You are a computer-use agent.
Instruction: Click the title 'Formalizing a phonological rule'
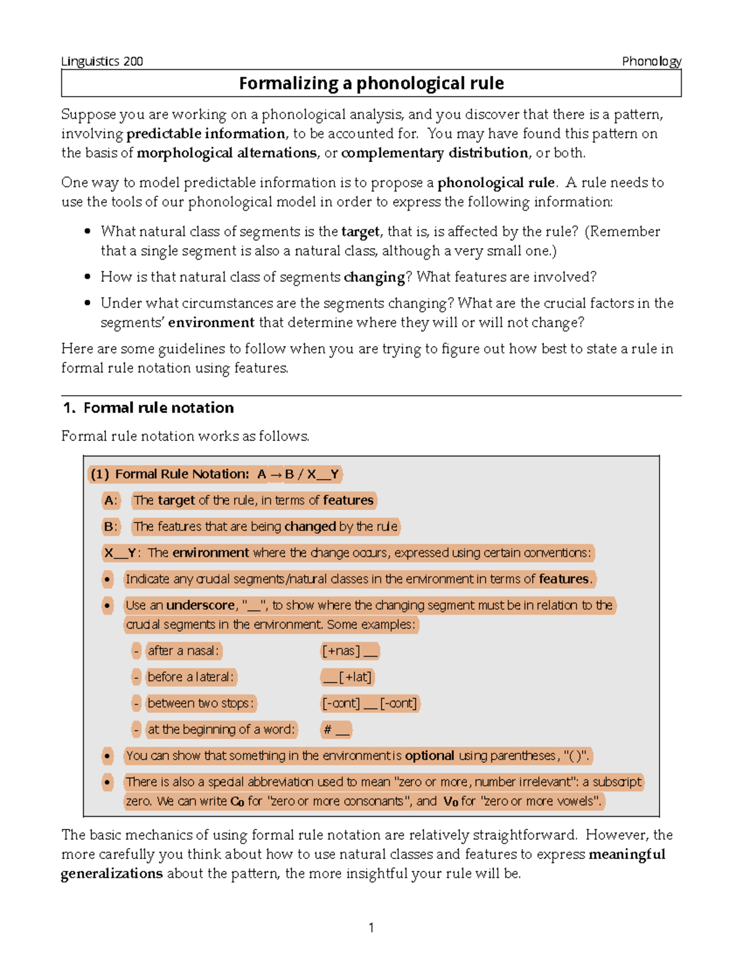pyautogui.click(x=371, y=84)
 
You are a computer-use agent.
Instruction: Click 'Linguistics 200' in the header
pyautogui.click(x=102, y=61)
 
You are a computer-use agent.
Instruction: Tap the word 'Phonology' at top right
pyautogui.click(x=651, y=61)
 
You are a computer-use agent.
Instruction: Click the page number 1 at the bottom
pyautogui.click(x=371, y=927)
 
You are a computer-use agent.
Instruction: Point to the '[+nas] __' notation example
pyautogui.click(x=350, y=651)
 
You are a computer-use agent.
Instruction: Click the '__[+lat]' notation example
pyautogui.click(x=347, y=677)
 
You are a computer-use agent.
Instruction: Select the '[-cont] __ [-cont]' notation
pyautogui.click(x=370, y=704)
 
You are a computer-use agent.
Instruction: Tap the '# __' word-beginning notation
pyautogui.click(x=336, y=730)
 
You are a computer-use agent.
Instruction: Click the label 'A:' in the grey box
pyautogui.click(x=110, y=501)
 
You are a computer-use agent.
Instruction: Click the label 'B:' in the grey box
pyautogui.click(x=110, y=527)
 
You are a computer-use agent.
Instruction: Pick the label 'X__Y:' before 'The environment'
pyautogui.click(x=122, y=553)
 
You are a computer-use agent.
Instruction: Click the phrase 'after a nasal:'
pyautogui.click(x=183, y=651)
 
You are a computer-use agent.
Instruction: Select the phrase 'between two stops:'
pyautogui.click(x=200, y=704)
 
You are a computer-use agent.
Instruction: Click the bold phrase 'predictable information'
pyautogui.click(x=206, y=134)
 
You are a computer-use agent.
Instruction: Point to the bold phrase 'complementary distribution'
pyautogui.click(x=434, y=153)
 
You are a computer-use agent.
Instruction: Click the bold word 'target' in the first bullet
pyautogui.click(x=360, y=232)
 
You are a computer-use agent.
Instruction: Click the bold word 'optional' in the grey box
pyautogui.click(x=429, y=756)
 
